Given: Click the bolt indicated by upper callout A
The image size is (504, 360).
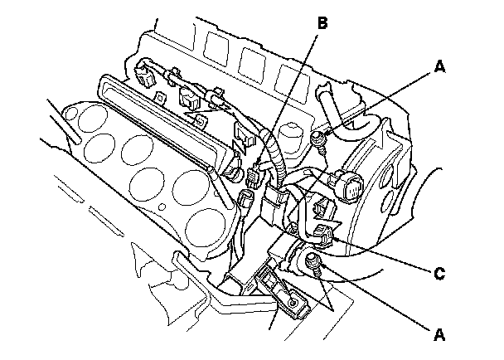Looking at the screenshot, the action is coord(319,137).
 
